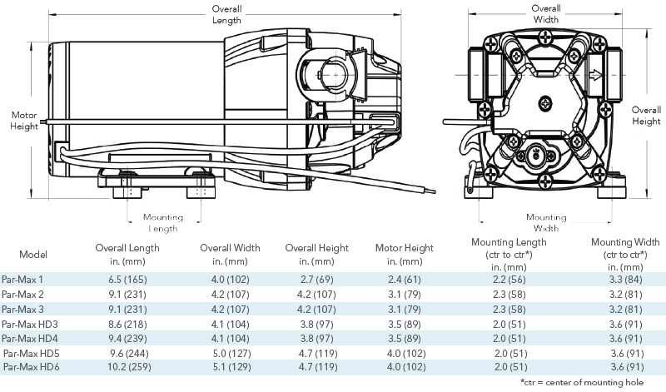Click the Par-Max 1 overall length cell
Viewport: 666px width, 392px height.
(128, 280)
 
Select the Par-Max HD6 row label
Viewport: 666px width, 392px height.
(32, 367)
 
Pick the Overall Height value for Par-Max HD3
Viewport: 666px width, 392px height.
(317, 325)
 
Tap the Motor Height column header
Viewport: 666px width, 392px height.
(405, 255)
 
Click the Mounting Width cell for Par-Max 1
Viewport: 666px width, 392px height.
(626, 280)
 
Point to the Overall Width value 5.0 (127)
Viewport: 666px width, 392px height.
(232, 354)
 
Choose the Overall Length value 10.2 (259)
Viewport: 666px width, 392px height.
(129, 367)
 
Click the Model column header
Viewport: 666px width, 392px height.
(33, 255)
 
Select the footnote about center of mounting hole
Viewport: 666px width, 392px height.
(581, 382)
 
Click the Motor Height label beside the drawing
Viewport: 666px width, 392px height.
(24, 121)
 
